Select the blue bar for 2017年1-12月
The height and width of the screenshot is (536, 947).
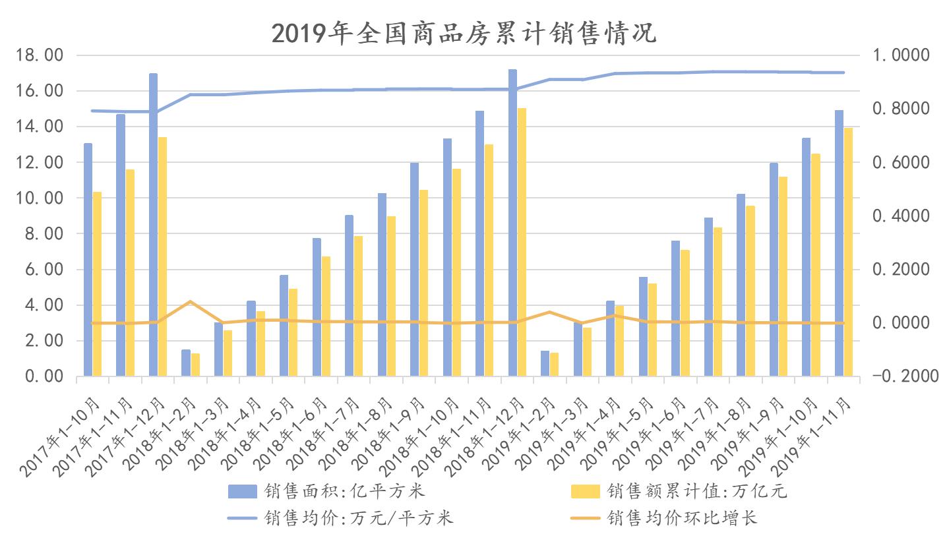point(153,224)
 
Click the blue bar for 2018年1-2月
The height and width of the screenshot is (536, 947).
point(186,363)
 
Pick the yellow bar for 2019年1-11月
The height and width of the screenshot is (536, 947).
point(848,252)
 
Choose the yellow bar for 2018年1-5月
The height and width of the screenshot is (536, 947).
point(293,332)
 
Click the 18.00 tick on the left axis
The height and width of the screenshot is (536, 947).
point(40,55)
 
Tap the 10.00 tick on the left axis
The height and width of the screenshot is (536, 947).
point(40,198)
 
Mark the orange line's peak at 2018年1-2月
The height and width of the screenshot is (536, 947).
point(190,301)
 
